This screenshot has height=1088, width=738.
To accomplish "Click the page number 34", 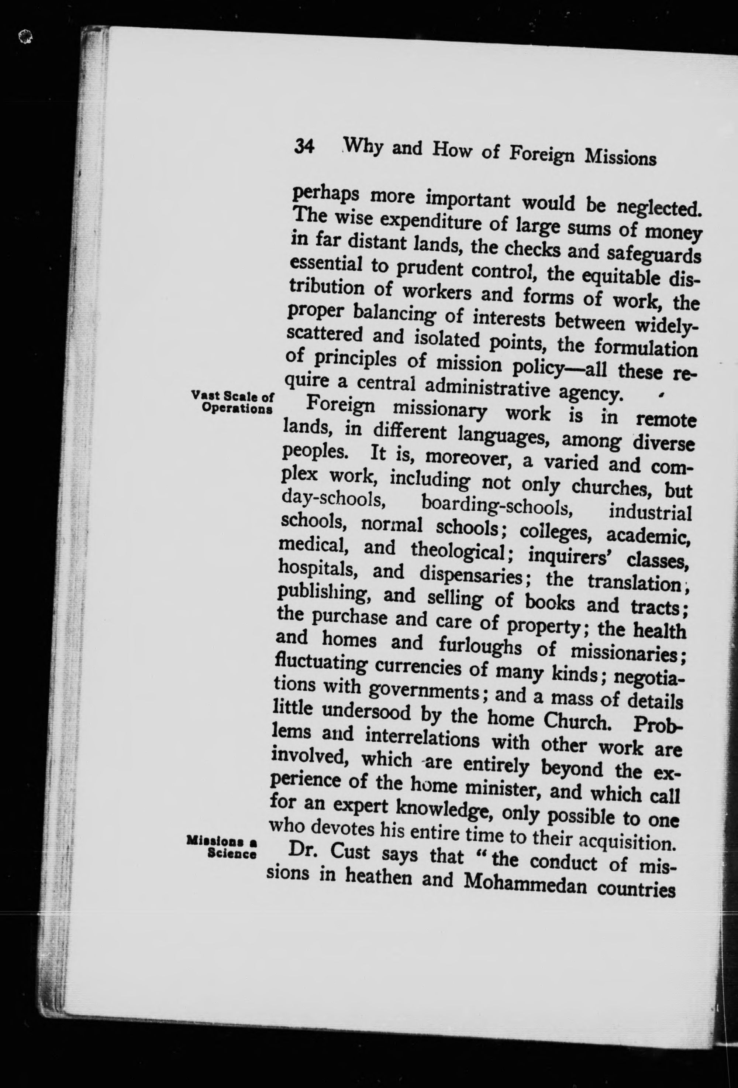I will pos(304,147).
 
